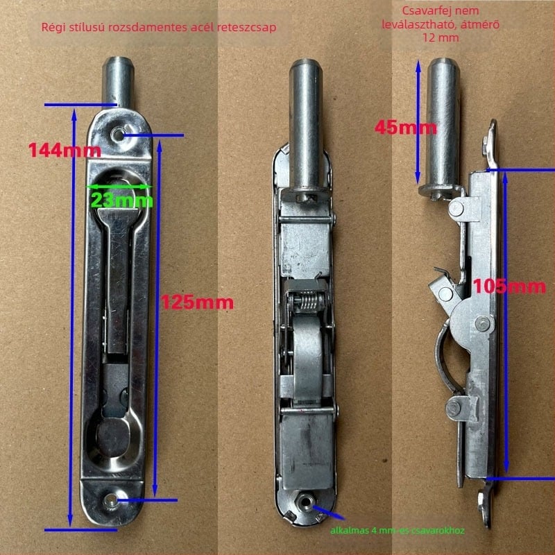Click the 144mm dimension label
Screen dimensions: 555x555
65,150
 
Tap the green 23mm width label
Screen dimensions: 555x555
122,200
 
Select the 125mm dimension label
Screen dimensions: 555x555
197,302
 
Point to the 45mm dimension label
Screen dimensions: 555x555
406,127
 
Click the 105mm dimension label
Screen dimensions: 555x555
509,286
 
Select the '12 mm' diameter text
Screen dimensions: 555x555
441,37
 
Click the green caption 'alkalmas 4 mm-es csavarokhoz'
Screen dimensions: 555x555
397,530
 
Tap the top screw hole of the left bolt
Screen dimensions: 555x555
117,135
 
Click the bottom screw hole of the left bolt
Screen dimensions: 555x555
111,500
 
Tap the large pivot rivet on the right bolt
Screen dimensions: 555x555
483,323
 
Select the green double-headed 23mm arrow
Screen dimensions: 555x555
119,186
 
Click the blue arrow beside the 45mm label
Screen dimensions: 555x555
418,121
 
